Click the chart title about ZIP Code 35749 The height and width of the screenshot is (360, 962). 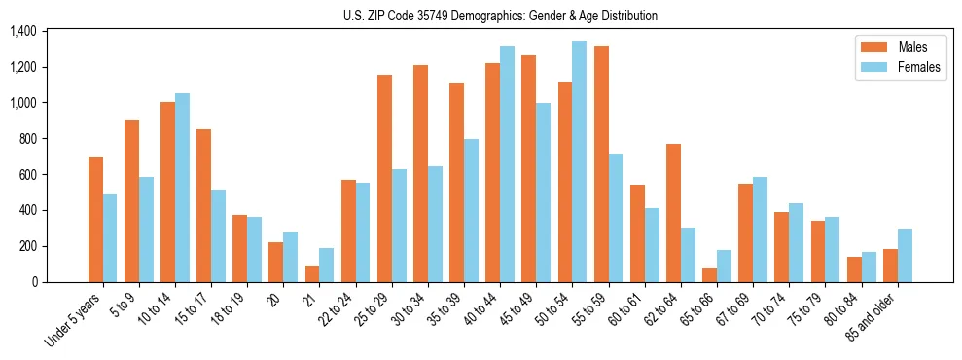(500, 16)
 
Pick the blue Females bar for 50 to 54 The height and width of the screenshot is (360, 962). (580, 162)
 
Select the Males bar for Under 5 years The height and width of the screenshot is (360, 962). (95, 219)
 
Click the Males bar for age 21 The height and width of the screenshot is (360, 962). (312, 273)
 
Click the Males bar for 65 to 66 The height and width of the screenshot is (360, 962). (709, 274)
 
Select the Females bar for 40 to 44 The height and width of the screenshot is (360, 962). (507, 163)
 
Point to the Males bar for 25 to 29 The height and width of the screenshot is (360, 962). (384, 178)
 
